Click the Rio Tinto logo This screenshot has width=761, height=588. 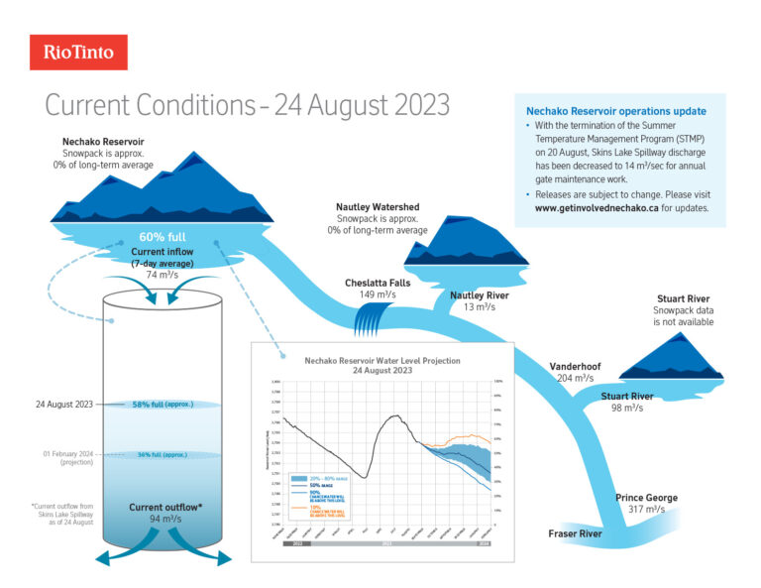click(x=78, y=52)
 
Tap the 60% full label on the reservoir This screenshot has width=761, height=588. click(x=163, y=238)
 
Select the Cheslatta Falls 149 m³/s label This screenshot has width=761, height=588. click(x=378, y=289)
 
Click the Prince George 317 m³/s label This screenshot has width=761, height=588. click(x=646, y=504)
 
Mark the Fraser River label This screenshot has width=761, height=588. click(x=576, y=534)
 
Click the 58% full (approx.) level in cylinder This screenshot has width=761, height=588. click(x=163, y=405)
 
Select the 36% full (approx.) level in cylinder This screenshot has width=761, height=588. click(x=163, y=454)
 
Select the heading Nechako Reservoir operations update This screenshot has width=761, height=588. click(x=616, y=111)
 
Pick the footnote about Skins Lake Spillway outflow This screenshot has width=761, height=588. click(x=62, y=520)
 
